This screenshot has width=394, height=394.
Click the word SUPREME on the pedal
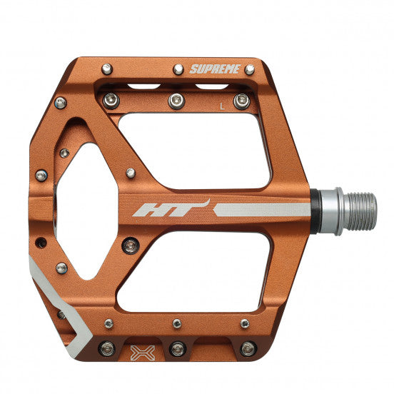[x=213, y=69]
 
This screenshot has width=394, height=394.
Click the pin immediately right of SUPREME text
[x=249, y=70]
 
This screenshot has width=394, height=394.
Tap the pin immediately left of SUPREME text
[x=178, y=70]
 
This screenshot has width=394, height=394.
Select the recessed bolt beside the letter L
[x=242, y=101]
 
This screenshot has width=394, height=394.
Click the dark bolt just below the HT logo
[x=128, y=245]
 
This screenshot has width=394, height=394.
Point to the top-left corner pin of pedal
[x=106, y=69]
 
